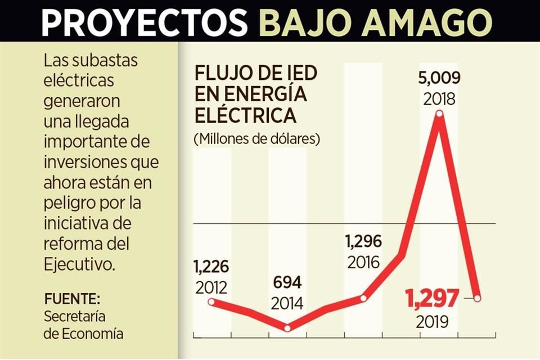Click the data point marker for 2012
pyautogui.click(x=211, y=301)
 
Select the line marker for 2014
pyautogui.click(x=287, y=328)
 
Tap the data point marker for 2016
pyautogui.click(x=363, y=298)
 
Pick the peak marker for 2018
pyautogui.click(x=439, y=114)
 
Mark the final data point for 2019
pyautogui.click(x=478, y=298)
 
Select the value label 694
pyautogui.click(x=287, y=282)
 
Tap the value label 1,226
pyautogui.click(x=211, y=267)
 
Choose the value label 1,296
pyautogui.click(x=363, y=242)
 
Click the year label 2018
pyautogui.click(x=439, y=98)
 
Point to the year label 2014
pyautogui.click(x=287, y=303)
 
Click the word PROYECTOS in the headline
pyautogui.click(x=145, y=22)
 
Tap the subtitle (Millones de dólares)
pyautogui.click(x=256, y=138)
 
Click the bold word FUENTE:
pyautogui.click(x=72, y=298)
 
